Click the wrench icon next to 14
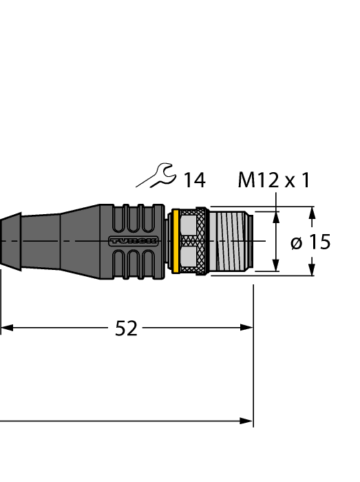click(x=156, y=176)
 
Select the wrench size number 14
click(x=193, y=180)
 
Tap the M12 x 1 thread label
click(x=273, y=180)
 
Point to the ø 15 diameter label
click(x=310, y=242)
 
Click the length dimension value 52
click(x=125, y=328)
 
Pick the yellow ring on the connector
click(x=176, y=240)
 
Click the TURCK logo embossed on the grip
click(x=134, y=241)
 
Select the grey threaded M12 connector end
click(x=231, y=241)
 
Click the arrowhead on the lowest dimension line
click(x=247, y=420)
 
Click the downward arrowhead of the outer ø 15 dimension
click(x=313, y=269)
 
